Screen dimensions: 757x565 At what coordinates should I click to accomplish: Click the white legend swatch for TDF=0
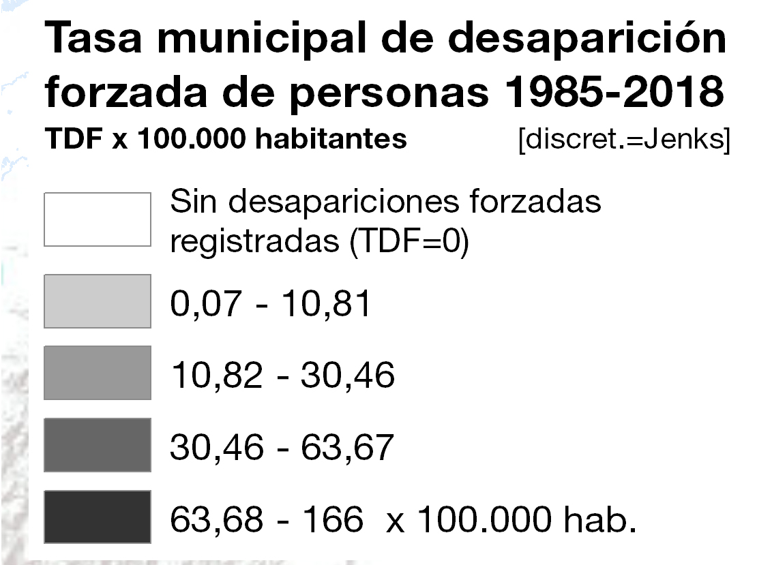pos(98,219)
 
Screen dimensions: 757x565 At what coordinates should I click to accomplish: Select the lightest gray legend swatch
pos(98,301)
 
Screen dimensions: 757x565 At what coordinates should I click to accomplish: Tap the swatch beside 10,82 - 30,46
pos(98,373)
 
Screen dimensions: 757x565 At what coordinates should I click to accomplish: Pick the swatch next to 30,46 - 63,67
pos(98,445)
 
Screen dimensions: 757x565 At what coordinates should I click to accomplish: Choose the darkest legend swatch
pos(98,517)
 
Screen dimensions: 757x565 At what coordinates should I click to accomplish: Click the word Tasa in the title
pos(93,37)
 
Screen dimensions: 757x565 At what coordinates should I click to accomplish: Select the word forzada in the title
pos(126,92)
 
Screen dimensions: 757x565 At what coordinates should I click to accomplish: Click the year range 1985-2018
pos(614,92)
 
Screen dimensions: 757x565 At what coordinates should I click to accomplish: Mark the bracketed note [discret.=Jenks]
pos(624,140)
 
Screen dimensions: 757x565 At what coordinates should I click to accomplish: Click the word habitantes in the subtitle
pos(331,138)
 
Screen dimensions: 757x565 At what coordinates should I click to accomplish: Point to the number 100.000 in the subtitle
pos(192,139)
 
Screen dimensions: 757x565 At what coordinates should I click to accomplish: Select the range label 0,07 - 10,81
pos(270,304)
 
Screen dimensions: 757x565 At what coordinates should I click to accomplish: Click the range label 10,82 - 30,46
pos(283,376)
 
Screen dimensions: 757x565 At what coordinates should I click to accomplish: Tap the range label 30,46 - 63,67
pos(282,447)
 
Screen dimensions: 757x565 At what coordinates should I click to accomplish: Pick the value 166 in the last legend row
pos(333,519)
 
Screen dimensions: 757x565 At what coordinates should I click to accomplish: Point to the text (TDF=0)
pos(409,241)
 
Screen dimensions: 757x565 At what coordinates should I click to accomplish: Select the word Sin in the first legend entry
pos(193,201)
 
